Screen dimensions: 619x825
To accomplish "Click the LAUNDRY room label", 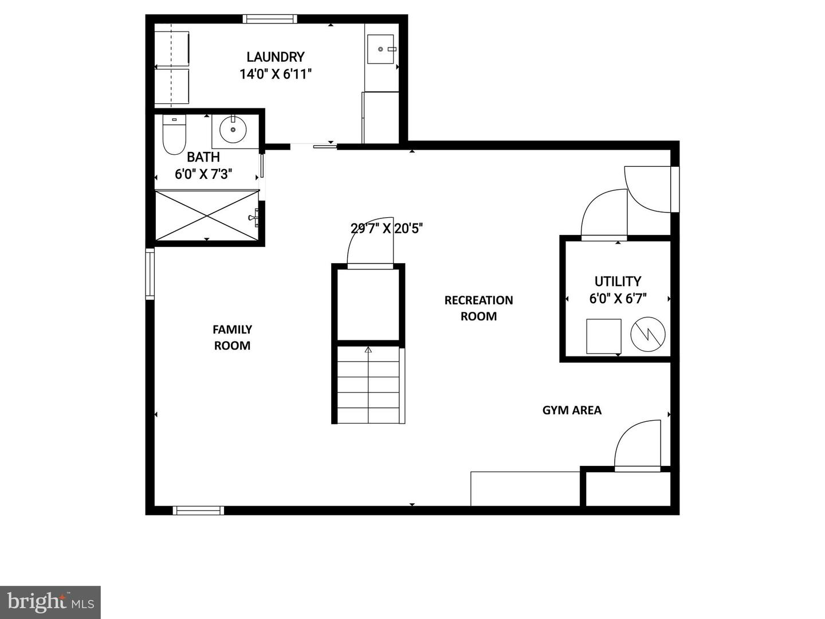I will click(275, 57).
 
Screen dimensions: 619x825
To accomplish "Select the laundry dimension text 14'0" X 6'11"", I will click(275, 74).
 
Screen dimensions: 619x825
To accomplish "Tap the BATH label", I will click(203, 157).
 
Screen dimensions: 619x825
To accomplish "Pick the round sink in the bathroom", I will click(233, 130).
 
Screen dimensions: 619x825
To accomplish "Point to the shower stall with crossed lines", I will click(207, 216).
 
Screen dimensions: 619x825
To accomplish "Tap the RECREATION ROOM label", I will click(478, 308).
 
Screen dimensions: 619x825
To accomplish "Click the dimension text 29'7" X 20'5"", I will click(387, 229).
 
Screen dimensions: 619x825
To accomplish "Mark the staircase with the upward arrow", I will click(368, 384).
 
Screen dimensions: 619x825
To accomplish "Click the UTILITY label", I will click(617, 281).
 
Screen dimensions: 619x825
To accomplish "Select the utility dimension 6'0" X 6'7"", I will click(617, 299).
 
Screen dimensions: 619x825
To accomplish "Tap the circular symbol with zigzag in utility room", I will click(647, 335).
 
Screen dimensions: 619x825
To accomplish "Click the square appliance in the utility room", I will click(603, 336).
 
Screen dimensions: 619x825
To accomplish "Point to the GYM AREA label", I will click(572, 410).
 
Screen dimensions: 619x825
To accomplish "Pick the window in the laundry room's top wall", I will click(270, 19).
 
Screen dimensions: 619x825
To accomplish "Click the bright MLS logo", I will click(50, 602).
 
